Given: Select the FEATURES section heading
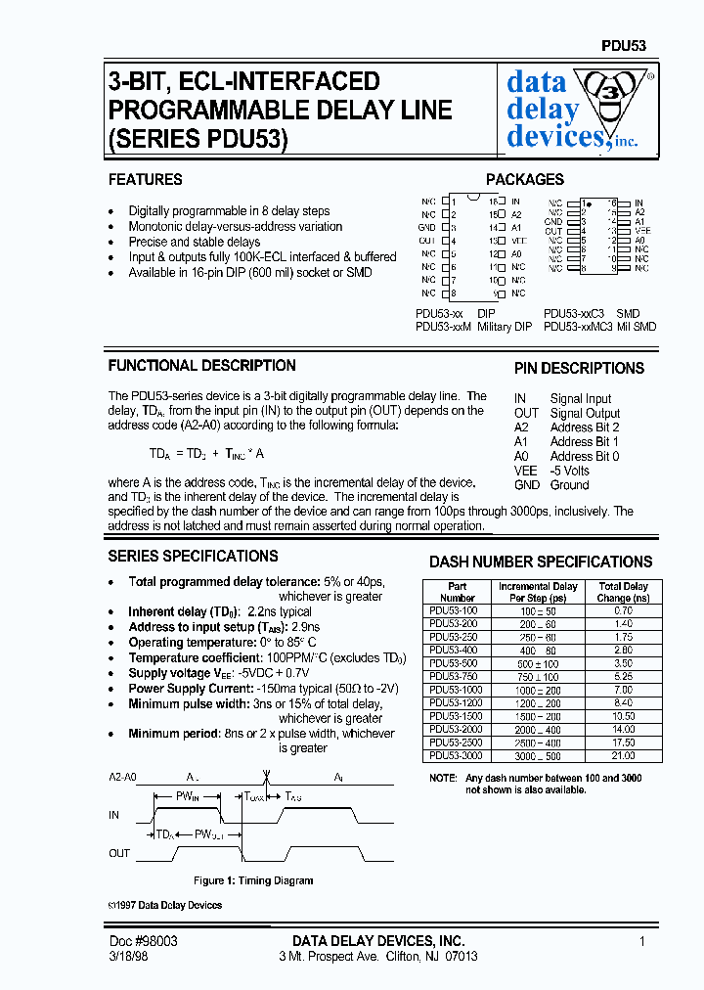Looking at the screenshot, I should pos(145,180).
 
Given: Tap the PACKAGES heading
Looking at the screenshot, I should pos(525,180).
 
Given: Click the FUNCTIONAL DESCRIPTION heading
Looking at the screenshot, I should pos(201,366).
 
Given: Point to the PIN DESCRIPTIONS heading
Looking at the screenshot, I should pos(579,369).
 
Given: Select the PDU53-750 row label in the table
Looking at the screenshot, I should pos(456,675).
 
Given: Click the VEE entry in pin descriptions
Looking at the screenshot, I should pos(525,471).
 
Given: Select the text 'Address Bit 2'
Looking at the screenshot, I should pos(584,427).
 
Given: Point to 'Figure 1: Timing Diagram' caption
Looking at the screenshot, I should pos(253,880).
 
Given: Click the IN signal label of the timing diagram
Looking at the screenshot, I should pos(114,813).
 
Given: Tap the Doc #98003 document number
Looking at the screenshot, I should pos(143,941).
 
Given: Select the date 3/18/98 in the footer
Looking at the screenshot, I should pos(128,956).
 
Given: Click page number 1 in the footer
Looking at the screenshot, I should pos(641,941).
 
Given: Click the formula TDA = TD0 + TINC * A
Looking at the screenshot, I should pos(206,454).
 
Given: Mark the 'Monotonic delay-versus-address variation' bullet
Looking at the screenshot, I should pos(235,226).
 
